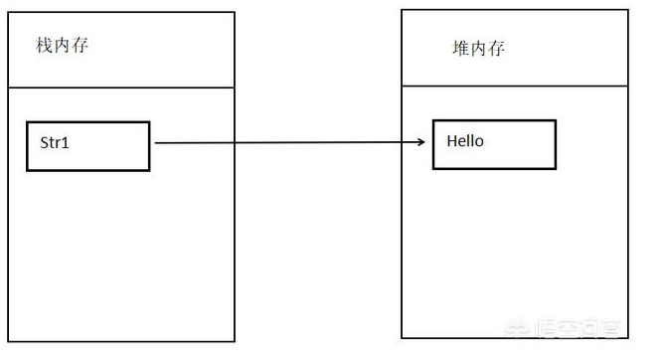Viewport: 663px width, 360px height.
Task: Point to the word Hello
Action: tap(464, 141)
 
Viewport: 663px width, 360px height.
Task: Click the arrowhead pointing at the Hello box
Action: tap(421, 143)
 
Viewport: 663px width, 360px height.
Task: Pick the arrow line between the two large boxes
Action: tap(288, 143)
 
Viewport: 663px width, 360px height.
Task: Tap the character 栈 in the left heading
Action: tap(45, 46)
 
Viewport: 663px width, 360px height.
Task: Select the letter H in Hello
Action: tap(451, 141)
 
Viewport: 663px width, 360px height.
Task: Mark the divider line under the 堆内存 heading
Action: tap(515, 86)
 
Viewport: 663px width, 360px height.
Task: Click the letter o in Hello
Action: tap(479, 141)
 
